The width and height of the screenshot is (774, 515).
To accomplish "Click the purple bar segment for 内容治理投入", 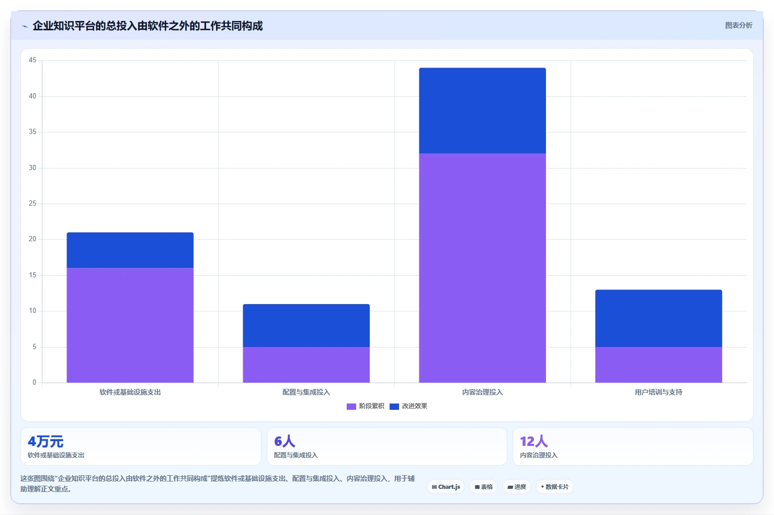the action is click(482, 267).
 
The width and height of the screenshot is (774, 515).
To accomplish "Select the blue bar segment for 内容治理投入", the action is click(482, 110).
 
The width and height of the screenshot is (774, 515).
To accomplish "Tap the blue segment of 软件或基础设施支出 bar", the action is click(130, 250).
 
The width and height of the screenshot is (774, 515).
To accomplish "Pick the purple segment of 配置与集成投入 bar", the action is click(306, 365).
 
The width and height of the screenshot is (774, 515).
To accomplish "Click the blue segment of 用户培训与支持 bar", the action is click(658, 318).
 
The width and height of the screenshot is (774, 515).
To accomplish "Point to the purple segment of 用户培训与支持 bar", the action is click(658, 365).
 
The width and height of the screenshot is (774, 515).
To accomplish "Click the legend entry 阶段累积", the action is click(365, 406).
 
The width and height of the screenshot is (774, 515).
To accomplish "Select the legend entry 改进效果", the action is click(408, 406).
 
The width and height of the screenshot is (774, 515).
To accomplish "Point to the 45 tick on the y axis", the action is click(32, 60).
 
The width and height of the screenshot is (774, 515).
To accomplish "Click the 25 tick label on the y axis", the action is click(32, 204).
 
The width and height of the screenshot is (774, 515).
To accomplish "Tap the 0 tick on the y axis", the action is click(34, 382).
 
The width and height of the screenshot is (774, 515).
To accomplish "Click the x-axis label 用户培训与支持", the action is click(658, 392).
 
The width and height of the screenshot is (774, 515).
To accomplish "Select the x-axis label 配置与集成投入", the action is click(306, 392).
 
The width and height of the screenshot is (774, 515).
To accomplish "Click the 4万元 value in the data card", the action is click(45, 442).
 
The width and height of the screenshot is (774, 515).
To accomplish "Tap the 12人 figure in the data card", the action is click(534, 441).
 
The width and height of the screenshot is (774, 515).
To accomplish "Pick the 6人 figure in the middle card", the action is click(284, 441).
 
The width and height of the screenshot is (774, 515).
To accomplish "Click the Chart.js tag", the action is click(446, 487).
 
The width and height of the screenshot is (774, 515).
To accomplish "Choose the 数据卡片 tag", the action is click(554, 487).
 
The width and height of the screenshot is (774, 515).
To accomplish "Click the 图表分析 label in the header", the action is click(738, 26).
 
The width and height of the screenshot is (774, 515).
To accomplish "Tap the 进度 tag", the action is click(517, 487).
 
